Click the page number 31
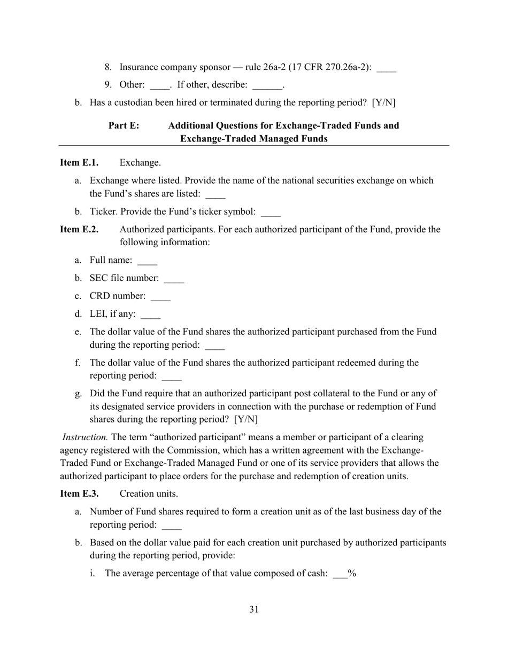tap(254, 609)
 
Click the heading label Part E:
tap(124, 126)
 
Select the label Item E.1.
tap(79, 162)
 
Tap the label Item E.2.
tap(79, 229)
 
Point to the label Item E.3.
tap(79, 494)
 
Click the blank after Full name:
tap(147, 262)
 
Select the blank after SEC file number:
tap(174, 279)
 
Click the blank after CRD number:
tap(160, 297)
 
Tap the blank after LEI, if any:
tap(150, 315)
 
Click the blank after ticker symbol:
tap(271, 213)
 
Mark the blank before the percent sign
tap(340, 575)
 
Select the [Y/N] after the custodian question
tap(383, 102)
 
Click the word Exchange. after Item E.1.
tap(140, 162)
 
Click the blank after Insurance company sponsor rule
tap(386, 69)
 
